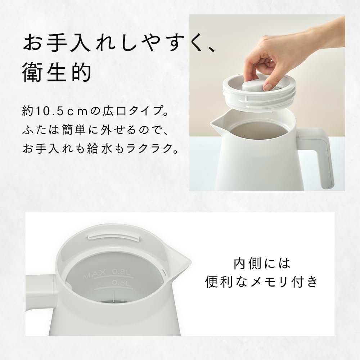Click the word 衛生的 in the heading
[55, 73]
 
